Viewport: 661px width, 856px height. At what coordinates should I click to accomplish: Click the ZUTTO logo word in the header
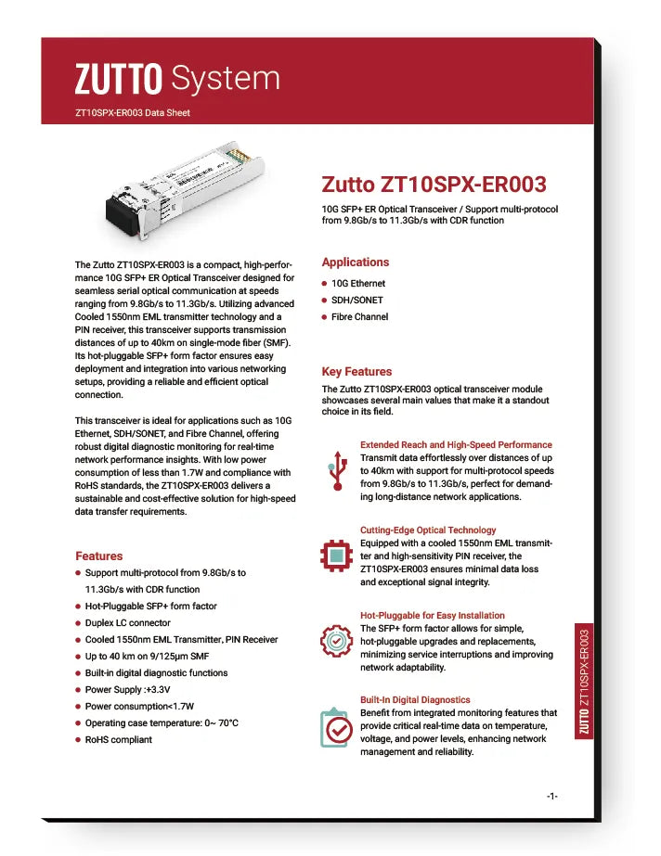pyautogui.click(x=119, y=79)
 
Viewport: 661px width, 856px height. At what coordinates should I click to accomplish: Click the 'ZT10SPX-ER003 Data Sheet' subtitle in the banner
pyautogui.click(x=133, y=113)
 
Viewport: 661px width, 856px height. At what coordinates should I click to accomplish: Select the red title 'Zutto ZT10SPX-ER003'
pyautogui.click(x=434, y=185)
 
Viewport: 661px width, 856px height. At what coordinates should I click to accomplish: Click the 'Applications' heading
pyautogui.click(x=356, y=262)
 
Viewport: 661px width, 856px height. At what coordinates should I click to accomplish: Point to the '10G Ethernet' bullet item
pyautogui.click(x=357, y=284)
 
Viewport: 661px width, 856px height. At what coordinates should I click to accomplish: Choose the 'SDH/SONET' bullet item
pyautogui.click(x=356, y=300)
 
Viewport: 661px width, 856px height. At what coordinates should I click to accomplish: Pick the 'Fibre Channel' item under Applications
pyautogui.click(x=359, y=317)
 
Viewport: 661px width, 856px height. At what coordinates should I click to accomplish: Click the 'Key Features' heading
pyautogui.click(x=356, y=372)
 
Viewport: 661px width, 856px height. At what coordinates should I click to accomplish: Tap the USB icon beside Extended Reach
pyautogui.click(x=338, y=471)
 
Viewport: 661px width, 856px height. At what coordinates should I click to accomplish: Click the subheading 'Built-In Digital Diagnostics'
pyautogui.click(x=415, y=700)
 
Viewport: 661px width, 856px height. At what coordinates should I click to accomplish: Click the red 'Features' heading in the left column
pyautogui.click(x=98, y=556)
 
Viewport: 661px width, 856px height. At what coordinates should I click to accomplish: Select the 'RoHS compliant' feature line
pyautogui.click(x=118, y=740)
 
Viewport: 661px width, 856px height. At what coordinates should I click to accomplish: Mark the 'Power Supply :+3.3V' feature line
pyautogui.click(x=126, y=690)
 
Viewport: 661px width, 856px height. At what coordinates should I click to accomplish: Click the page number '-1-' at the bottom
pyautogui.click(x=551, y=797)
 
